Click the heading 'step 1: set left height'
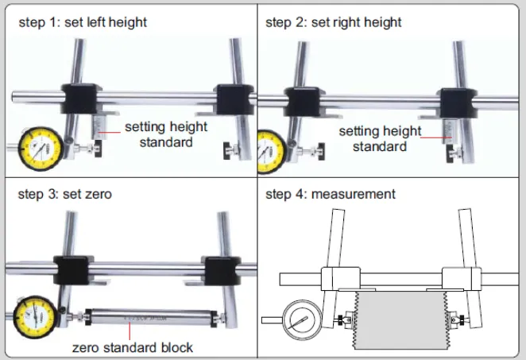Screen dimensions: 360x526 click(x=83, y=22)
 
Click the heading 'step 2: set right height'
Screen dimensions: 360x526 click(x=333, y=22)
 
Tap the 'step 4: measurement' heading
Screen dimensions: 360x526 click(x=330, y=194)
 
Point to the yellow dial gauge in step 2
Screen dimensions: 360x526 click(x=269, y=150)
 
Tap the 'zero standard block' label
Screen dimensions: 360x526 click(x=133, y=347)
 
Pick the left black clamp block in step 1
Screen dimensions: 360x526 click(x=81, y=99)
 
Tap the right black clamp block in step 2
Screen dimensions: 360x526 click(x=455, y=103)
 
